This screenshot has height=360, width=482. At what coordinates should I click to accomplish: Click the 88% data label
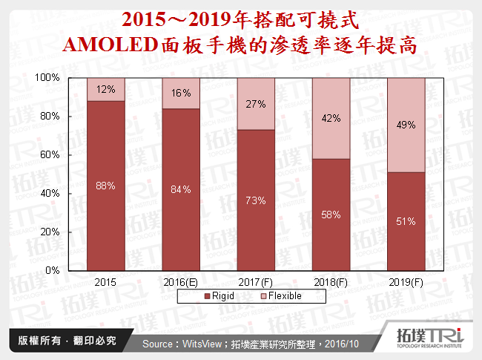105,186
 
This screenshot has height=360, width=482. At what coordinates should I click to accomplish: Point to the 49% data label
406,125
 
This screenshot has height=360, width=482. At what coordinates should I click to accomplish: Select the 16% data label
181,93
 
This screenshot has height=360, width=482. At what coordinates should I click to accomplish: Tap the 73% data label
256,200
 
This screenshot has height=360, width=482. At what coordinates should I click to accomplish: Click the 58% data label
331,215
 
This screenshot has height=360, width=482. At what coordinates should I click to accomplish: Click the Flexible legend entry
278,295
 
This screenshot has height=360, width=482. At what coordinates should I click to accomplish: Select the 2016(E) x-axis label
181,282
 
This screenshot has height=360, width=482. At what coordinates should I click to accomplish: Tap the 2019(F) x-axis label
406,282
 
